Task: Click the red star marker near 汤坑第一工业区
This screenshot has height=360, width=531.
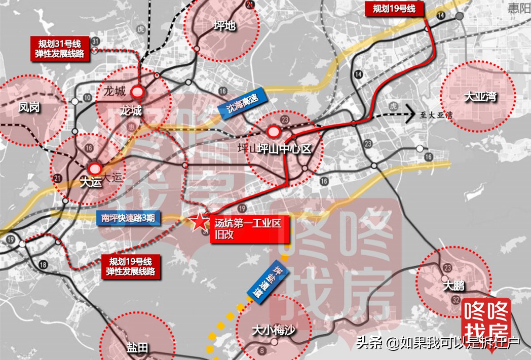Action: (x=199, y=221)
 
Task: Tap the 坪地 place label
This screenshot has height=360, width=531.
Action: (x=224, y=25)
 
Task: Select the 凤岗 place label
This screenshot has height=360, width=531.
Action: (x=29, y=107)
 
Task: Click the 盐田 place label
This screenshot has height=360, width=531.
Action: (x=137, y=348)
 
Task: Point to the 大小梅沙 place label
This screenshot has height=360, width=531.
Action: (x=274, y=331)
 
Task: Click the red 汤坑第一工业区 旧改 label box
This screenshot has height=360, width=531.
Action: (x=247, y=227)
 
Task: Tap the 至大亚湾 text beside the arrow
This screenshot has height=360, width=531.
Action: (x=432, y=115)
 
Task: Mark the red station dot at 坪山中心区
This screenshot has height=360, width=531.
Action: (x=274, y=132)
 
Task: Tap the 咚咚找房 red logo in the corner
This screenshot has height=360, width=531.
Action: (x=486, y=317)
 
